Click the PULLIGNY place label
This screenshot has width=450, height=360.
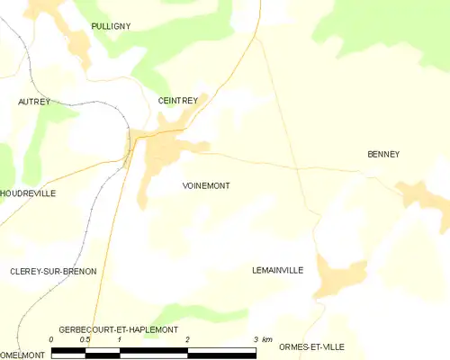(x=111, y=27)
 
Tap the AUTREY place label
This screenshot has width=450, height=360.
(x=33, y=103)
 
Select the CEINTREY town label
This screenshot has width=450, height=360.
(x=177, y=102)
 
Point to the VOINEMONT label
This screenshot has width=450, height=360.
(x=205, y=185)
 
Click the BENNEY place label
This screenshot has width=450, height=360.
(x=383, y=154)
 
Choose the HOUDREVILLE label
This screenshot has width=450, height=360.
(x=28, y=193)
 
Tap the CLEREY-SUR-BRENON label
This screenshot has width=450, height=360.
(x=52, y=271)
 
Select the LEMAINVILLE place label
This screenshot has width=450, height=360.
(x=278, y=270)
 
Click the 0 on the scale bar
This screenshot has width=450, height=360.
(x=51, y=339)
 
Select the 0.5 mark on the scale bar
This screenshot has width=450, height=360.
(x=85, y=339)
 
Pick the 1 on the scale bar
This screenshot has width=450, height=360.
(x=119, y=339)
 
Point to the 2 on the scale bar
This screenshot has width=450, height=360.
(x=187, y=339)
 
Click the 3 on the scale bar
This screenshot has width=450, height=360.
(x=256, y=339)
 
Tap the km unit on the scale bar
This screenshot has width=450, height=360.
(x=266, y=339)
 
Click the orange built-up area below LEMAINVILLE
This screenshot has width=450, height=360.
(x=340, y=279)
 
